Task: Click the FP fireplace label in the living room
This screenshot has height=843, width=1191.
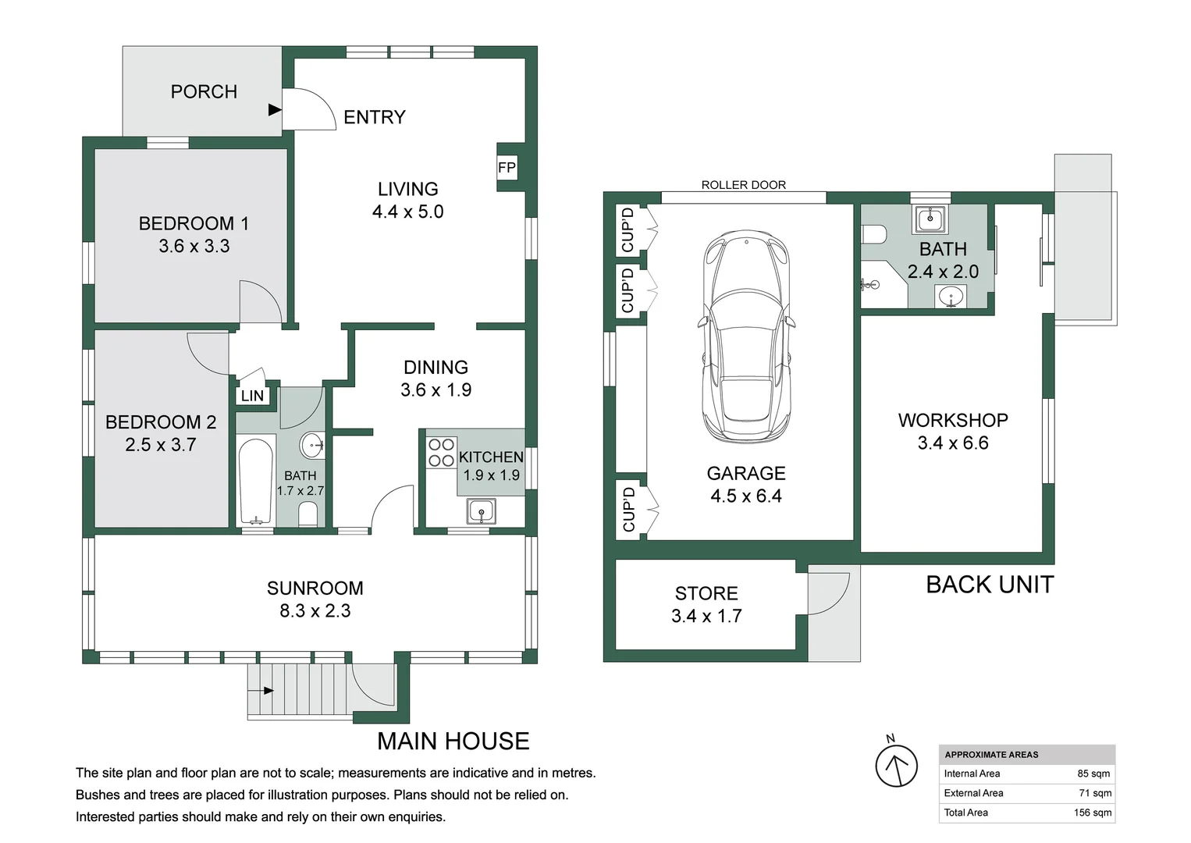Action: point(507,168)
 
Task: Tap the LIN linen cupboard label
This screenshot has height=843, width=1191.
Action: point(252,396)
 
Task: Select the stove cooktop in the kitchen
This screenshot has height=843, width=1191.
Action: point(441,453)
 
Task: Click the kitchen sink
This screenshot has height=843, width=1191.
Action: point(482,511)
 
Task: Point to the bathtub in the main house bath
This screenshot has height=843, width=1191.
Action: point(256,482)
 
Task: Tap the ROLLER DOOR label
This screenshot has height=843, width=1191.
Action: point(743,185)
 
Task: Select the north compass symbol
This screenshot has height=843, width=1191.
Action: point(897,763)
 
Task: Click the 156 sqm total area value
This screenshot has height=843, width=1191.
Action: point(1092,813)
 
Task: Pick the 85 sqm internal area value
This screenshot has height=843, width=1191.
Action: point(1094,774)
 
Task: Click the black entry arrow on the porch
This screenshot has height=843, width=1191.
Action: point(275,110)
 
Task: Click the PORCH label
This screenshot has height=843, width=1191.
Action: point(204,92)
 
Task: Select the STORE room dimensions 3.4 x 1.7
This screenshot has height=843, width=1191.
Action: point(706,616)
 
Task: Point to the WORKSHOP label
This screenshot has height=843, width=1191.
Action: point(953,421)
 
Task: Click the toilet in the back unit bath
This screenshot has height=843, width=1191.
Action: point(873,234)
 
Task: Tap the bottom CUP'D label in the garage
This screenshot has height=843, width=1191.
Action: point(629,509)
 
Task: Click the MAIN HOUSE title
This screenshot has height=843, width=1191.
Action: point(453,742)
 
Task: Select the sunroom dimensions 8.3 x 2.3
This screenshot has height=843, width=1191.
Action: point(315,611)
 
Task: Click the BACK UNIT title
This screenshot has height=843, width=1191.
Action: point(990,585)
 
